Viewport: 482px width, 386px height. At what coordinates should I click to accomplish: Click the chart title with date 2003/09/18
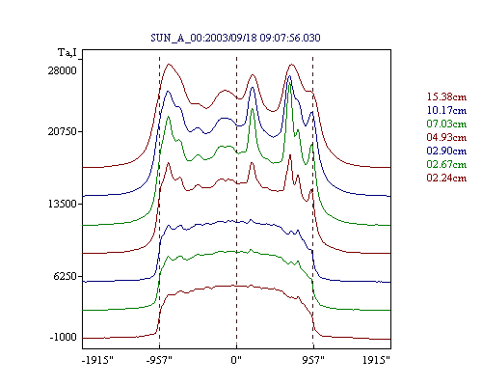(x=235, y=38)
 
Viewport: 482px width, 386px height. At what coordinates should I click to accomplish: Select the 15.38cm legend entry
(x=446, y=96)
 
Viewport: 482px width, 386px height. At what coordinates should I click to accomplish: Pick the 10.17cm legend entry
(x=446, y=110)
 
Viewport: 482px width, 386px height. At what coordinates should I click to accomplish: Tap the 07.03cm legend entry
(x=446, y=124)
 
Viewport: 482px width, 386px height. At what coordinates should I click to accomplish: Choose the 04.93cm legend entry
(x=446, y=137)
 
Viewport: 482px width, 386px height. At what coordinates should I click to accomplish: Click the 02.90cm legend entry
(x=446, y=151)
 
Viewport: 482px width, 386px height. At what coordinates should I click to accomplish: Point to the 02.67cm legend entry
(x=446, y=164)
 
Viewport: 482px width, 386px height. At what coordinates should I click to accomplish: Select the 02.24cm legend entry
(x=446, y=178)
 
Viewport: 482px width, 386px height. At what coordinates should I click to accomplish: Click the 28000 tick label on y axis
(x=63, y=70)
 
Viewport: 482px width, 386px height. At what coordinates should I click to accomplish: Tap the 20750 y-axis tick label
(x=63, y=131)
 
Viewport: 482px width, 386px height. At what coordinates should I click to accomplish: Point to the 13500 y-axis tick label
(x=63, y=204)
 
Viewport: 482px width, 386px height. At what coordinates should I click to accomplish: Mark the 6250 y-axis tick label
(x=66, y=276)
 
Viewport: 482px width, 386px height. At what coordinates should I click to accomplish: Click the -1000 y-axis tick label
(x=64, y=337)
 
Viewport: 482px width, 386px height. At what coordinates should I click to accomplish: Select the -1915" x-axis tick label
(x=98, y=360)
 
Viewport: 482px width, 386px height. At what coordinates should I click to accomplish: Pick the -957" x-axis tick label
(x=159, y=360)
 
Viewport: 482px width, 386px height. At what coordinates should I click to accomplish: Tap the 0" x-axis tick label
(x=236, y=360)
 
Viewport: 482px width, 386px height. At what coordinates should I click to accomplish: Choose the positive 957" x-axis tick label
(x=313, y=360)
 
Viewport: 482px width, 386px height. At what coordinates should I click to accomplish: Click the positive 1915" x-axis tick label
(x=376, y=360)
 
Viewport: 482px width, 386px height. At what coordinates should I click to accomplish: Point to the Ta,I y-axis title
(x=67, y=52)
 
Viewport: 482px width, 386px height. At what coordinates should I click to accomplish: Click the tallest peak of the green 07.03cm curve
(x=290, y=83)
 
